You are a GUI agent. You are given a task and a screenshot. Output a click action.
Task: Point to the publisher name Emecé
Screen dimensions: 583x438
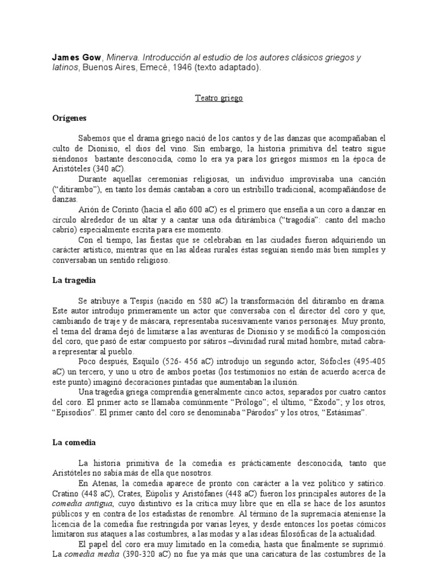[147, 68]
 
